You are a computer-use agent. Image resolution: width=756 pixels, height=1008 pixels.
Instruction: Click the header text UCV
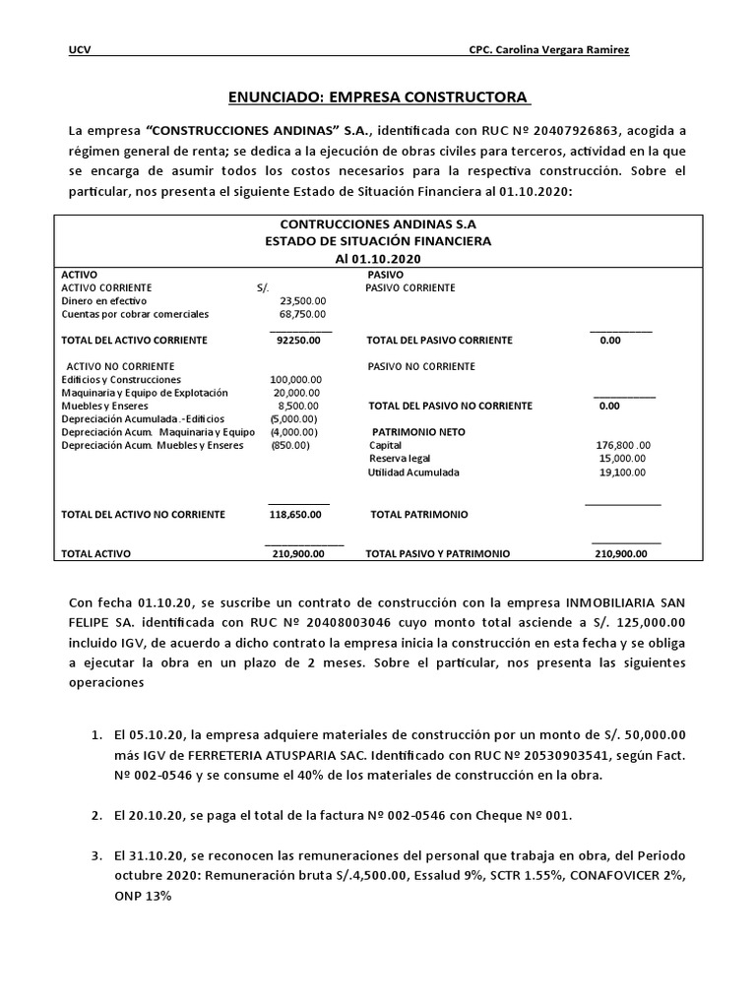[x=78, y=50]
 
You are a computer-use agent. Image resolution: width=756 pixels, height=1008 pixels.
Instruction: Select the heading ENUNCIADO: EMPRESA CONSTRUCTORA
[x=379, y=97]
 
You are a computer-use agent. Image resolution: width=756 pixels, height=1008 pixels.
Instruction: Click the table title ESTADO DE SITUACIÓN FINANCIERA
[x=378, y=240]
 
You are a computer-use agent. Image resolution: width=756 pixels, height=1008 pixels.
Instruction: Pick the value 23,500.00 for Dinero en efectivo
[x=303, y=300]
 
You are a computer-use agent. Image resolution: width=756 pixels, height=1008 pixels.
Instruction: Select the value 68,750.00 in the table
[x=303, y=314]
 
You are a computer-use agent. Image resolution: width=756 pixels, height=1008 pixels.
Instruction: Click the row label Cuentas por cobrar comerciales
[x=135, y=314]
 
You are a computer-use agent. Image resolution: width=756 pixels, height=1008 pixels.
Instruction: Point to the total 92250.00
[x=300, y=341]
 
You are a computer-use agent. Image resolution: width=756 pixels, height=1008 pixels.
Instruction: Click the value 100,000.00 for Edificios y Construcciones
[x=296, y=379]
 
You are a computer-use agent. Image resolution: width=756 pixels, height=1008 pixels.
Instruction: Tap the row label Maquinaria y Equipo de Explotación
[x=144, y=392]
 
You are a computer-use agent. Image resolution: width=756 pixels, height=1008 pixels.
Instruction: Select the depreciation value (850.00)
[x=290, y=445]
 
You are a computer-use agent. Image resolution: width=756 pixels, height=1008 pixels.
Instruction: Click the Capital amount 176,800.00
[x=624, y=445]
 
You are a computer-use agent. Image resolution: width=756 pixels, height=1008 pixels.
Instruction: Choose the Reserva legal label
[x=400, y=459]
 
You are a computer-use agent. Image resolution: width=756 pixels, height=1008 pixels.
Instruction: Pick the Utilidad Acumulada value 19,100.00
[x=622, y=472]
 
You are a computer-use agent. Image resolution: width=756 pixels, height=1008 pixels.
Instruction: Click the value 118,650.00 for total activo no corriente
[x=298, y=514]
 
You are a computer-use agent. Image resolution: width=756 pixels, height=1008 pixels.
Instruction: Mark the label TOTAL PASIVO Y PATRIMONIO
[x=438, y=554]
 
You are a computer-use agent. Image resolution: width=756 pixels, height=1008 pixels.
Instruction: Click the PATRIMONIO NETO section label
[x=418, y=432]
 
